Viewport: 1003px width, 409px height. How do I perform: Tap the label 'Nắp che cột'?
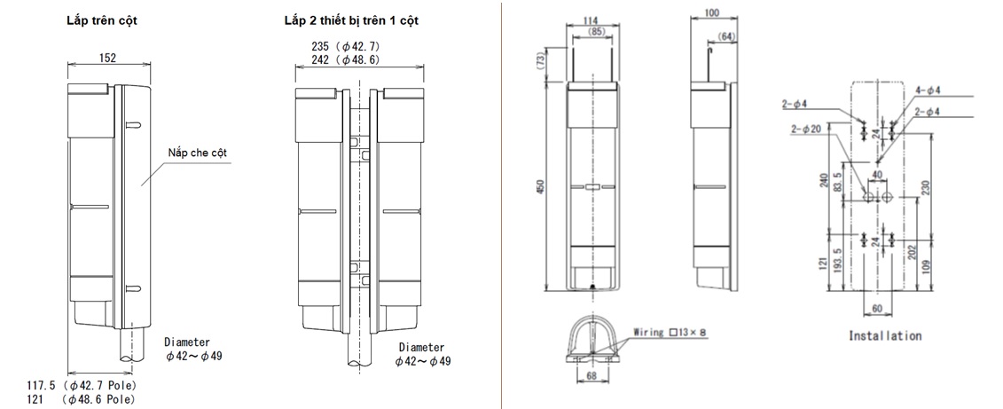pos(198,153)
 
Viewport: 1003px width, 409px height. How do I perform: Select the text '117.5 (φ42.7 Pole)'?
pos(82,386)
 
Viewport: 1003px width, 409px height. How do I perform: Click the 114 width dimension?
pos(591,19)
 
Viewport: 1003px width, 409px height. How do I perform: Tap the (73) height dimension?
pos(539,59)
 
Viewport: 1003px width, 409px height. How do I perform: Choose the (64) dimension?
pos(726,35)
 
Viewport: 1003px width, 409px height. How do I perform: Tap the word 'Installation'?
pos(884,336)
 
